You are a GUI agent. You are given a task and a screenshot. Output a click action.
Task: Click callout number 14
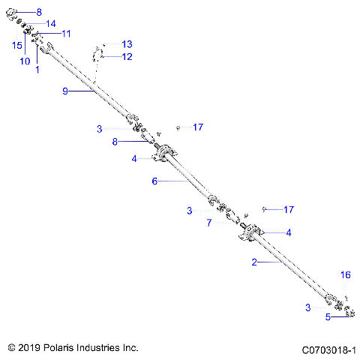pyautogui.click(x=51, y=24)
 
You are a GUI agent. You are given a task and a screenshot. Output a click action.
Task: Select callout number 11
pyautogui.click(x=66, y=34)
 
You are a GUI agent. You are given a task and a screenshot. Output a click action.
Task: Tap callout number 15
pyautogui.click(x=16, y=45)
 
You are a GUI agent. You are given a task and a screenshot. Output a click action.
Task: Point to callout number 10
pyautogui.click(x=24, y=61)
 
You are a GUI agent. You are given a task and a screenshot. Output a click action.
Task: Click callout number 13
pyautogui.click(x=127, y=44)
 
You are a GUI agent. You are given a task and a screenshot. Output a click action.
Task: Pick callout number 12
pyautogui.click(x=127, y=56)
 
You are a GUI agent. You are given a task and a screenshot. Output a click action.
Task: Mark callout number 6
pyautogui.click(x=154, y=181)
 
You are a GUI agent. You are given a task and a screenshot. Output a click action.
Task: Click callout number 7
pyautogui.click(x=210, y=223)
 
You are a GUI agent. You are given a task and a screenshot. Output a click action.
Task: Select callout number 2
pyautogui.click(x=254, y=262)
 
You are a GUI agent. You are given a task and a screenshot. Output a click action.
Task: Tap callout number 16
pyautogui.click(x=345, y=275)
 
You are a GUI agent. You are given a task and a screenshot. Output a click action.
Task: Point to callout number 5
pyautogui.click(x=327, y=317)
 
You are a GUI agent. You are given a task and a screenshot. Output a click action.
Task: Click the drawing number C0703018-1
pyautogui.click(x=328, y=349)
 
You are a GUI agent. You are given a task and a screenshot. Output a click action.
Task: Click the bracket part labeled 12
pyautogui.click(x=97, y=54)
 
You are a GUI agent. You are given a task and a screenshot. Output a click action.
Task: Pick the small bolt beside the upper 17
pyautogui.click(x=178, y=127)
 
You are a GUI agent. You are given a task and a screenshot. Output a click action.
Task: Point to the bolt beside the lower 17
pyautogui.click(x=265, y=208)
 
